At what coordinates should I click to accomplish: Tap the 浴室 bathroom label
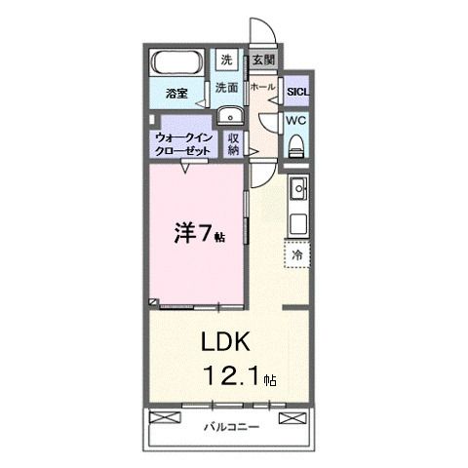[176, 94]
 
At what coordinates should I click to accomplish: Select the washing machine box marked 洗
[226, 59]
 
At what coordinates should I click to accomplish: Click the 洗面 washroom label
[226, 88]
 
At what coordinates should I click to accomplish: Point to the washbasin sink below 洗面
[229, 117]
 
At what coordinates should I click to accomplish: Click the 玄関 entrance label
[262, 59]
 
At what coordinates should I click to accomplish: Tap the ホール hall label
[261, 87]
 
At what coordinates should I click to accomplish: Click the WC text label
[296, 120]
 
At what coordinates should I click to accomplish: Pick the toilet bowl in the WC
[297, 145]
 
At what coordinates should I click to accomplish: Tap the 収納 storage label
[235, 144]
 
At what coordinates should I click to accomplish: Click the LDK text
[226, 342]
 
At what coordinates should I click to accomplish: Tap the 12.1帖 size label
[240, 375]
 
